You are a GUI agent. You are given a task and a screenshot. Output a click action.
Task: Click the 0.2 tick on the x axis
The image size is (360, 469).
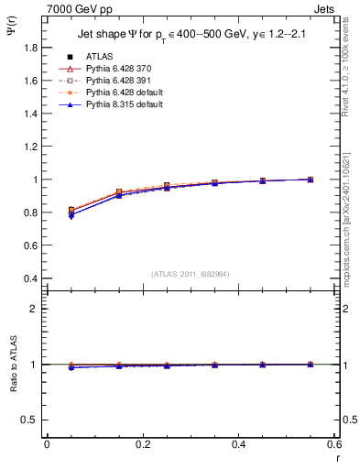pyautogui.click(x=142, y=443)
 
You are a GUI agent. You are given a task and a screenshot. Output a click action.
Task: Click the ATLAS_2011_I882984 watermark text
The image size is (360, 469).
pyautogui.click(x=190, y=275)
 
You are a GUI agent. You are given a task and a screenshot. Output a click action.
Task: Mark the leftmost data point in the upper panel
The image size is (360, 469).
pyautogui.click(x=71, y=212)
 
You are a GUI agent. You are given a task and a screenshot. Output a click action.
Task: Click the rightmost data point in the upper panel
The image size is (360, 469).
pyautogui.click(x=311, y=180)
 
